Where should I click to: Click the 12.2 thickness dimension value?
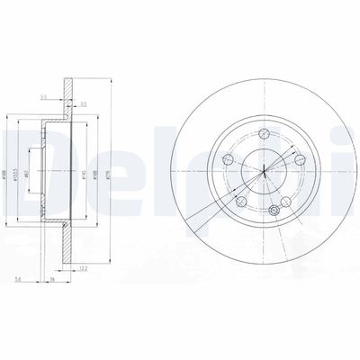pos(83,269)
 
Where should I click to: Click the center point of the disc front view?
pos(264,171)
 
